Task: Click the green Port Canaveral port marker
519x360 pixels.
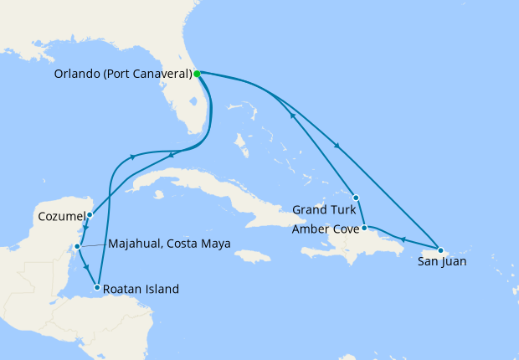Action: (x=197, y=74)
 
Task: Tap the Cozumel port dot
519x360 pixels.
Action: (x=90, y=215)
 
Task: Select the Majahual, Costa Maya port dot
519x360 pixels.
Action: (x=77, y=246)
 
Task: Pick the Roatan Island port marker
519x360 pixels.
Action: (x=99, y=288)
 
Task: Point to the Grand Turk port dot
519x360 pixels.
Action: (x=357, y=198)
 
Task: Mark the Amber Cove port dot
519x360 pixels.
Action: (x=364, y=228)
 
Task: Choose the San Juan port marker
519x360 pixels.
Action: (x=440, y=249)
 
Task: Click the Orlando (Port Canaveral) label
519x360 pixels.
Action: (x=123, y=74)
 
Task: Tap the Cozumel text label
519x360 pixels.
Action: (x=61, y=216)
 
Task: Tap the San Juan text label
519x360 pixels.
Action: (x=442, y=262)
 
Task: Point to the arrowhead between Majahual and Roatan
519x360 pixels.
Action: (x=88, y=268)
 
